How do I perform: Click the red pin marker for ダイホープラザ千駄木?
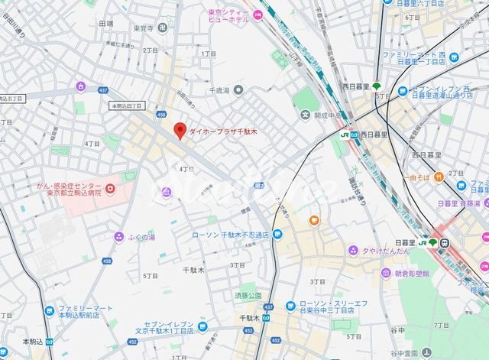[x=180, y=131]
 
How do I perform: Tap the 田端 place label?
[x=105, y=24]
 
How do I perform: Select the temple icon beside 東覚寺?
[x=162, y=28]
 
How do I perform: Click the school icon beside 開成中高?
[x=306, y=115]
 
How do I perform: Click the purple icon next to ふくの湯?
[x=118, y=237]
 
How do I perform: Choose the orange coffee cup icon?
[x=313, y=221]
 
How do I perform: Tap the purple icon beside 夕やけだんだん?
[x=354, y=249]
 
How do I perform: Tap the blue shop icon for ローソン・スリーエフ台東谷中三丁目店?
[x=290, y=306]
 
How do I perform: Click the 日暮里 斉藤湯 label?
[x=458, y=204]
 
